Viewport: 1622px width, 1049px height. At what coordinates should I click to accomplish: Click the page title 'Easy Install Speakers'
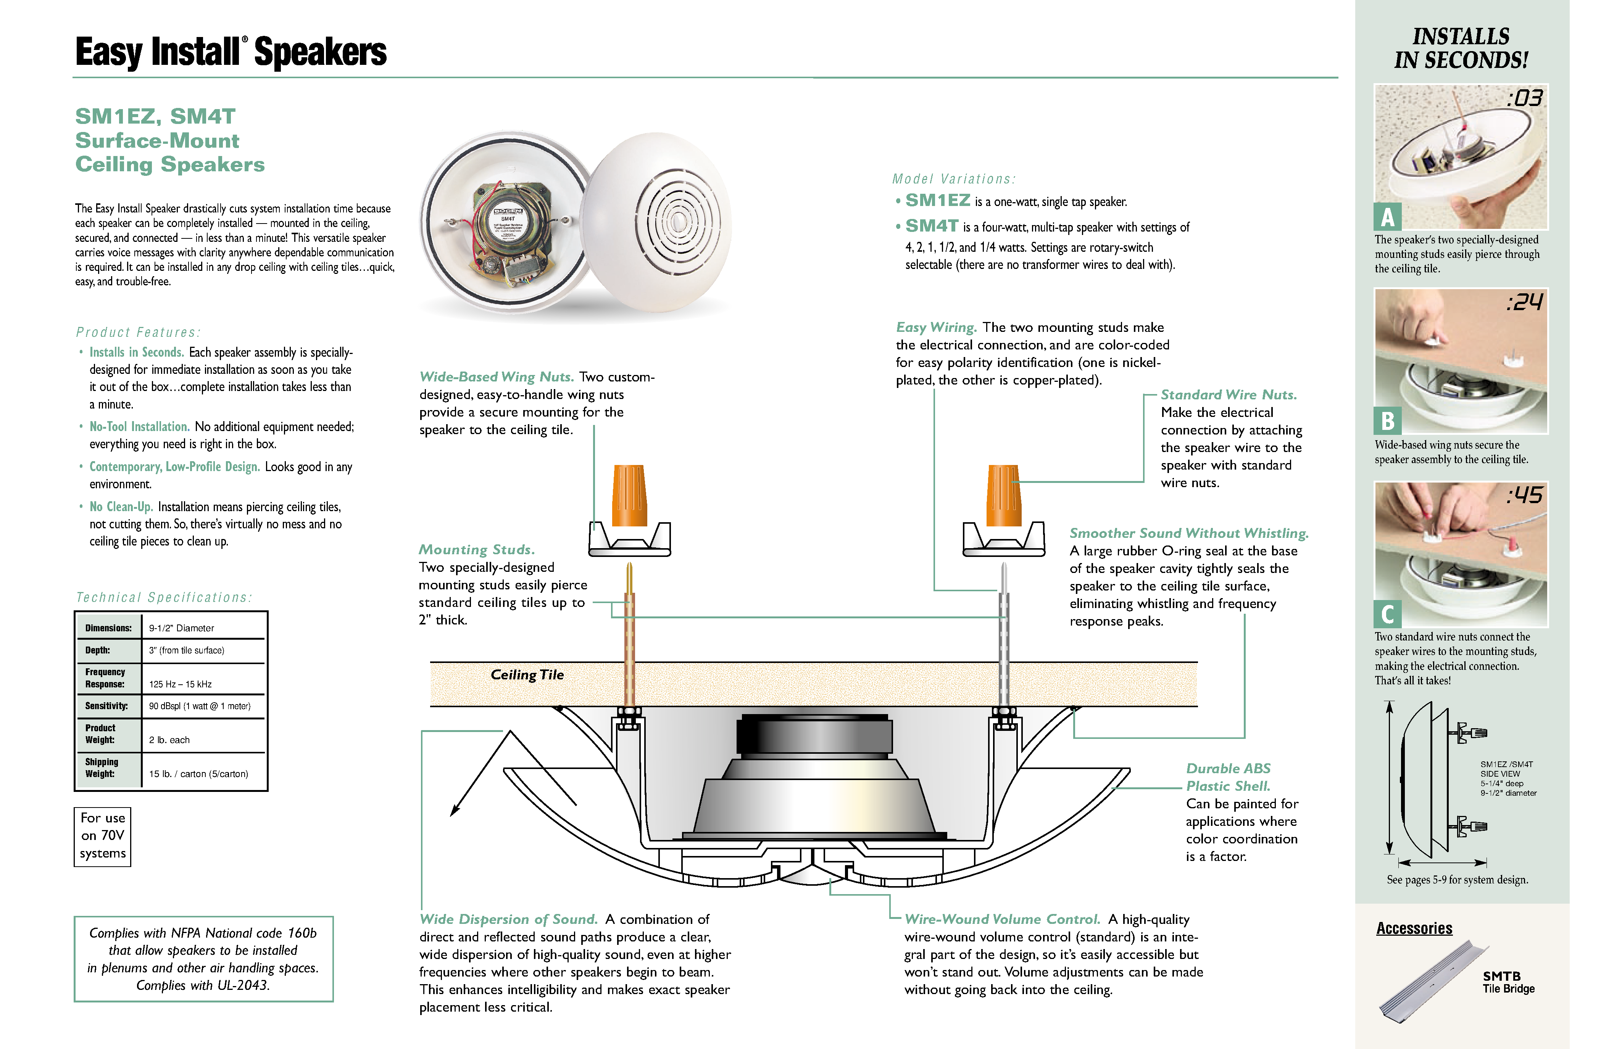pos(231,53)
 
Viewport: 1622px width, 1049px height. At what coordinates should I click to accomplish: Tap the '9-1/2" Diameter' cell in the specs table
pos(181,628)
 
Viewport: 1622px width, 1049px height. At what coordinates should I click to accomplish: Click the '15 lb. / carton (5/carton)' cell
pos(198,774)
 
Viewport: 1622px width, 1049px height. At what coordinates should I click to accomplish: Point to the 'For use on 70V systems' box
pos(102,836)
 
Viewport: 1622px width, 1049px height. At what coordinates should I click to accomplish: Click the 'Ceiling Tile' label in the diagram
pos(527,674)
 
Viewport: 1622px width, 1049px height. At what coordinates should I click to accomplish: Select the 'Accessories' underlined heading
pos(1414,928)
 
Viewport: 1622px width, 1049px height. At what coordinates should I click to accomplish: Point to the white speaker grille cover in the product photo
pos(658,221)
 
